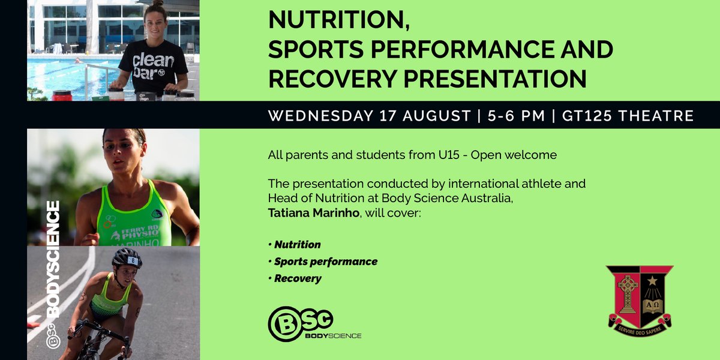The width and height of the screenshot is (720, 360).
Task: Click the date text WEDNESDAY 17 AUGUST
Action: [368, 115]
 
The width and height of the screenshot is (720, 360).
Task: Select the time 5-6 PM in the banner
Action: [515, 115]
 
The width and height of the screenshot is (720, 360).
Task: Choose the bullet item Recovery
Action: [298, 278]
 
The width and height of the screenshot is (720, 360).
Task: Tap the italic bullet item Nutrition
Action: [298, 245]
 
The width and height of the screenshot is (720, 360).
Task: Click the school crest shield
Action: [640, 296]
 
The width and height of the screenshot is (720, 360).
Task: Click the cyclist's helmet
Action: [127, 258]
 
